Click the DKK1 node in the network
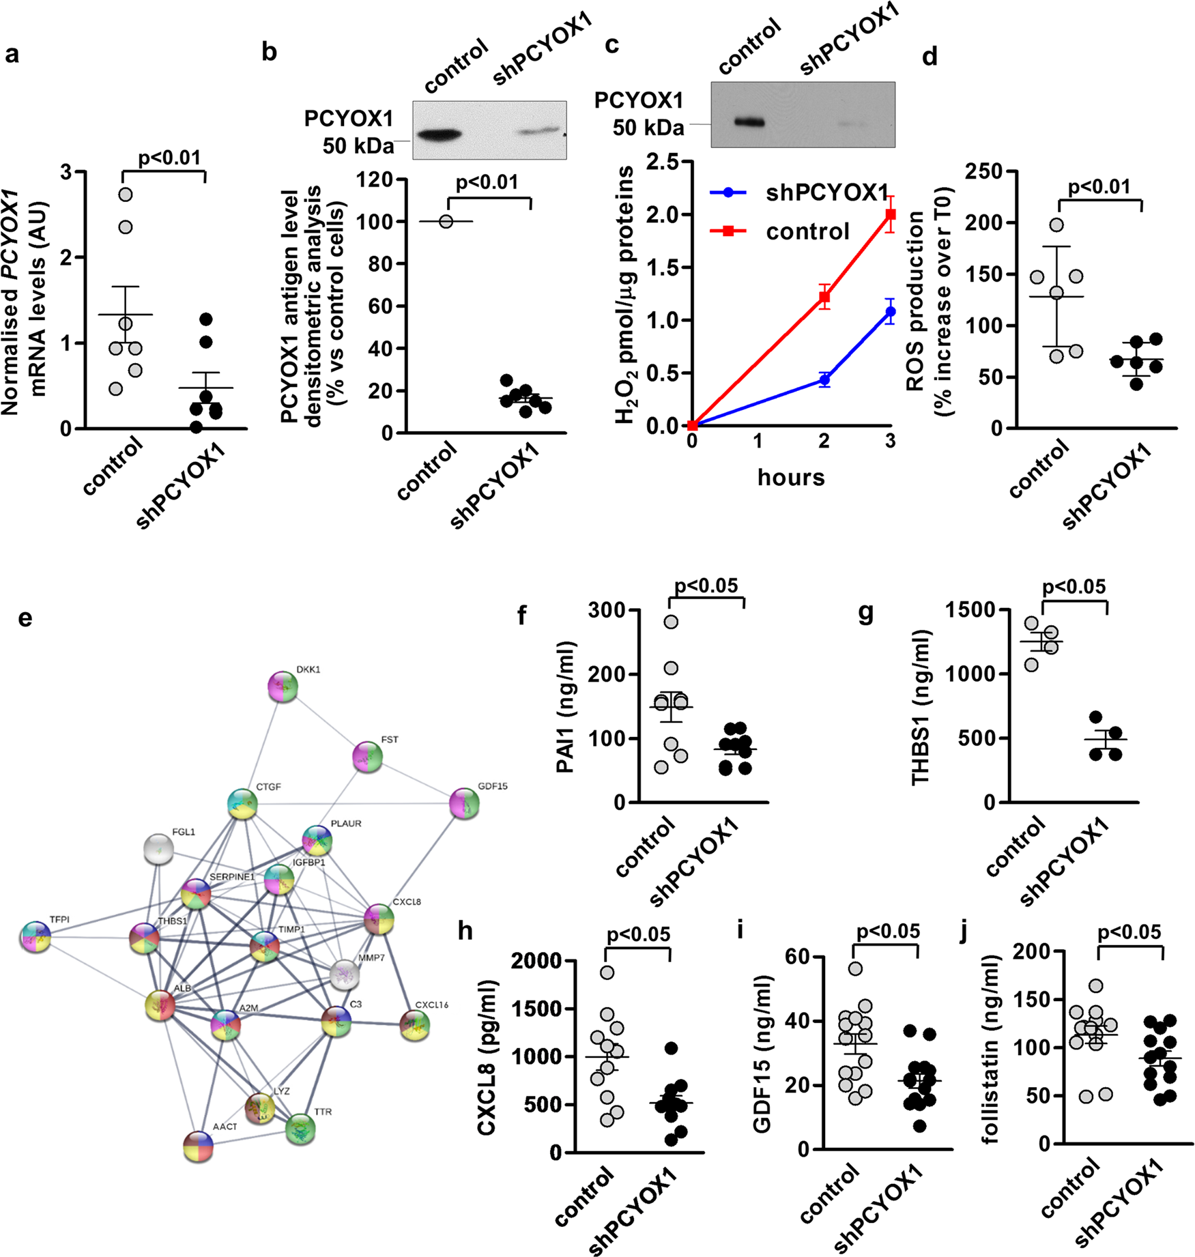click(283, 687)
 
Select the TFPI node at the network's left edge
click(35, 937)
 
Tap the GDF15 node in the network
click(464, 804)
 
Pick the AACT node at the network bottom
click(199, 1147)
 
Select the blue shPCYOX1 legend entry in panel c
click(798, 193)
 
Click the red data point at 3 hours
click(890, 214)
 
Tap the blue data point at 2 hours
click(824, 379)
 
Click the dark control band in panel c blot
click(749, 123)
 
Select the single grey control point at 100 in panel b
click(446, 221)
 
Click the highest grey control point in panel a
click(126, 194)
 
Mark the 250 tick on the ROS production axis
click(983, 171)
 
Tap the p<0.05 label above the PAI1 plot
click(706, 586)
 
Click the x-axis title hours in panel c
click(791, 477)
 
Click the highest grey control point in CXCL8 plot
click(607, 972)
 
